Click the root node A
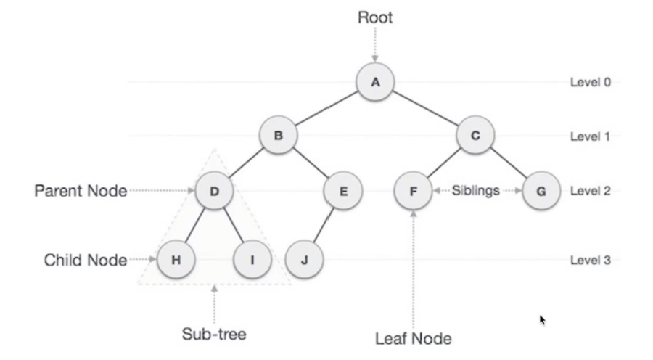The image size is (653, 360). [375, 82]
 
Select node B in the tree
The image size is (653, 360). [278, 136]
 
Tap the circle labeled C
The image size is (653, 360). [475, 136]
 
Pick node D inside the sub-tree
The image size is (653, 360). [214, 191]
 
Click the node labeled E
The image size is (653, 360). [343, 191]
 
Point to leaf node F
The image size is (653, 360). [413, 191]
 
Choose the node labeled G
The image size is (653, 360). [541, 191]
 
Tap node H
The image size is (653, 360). [176, 260]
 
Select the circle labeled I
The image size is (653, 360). [252, 260]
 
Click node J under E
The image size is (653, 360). [305, 260]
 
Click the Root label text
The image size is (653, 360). [375, 17]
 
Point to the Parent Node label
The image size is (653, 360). [81, 191]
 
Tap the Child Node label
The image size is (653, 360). [86, 260]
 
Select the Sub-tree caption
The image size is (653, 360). [214, 334]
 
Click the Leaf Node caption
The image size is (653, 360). [413, 338]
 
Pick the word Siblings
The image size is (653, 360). [475, 190]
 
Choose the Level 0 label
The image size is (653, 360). [590, 82]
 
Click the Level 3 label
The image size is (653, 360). [590, 260]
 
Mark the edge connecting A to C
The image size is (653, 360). [424, 108]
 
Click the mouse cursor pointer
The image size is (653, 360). [542, 320]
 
